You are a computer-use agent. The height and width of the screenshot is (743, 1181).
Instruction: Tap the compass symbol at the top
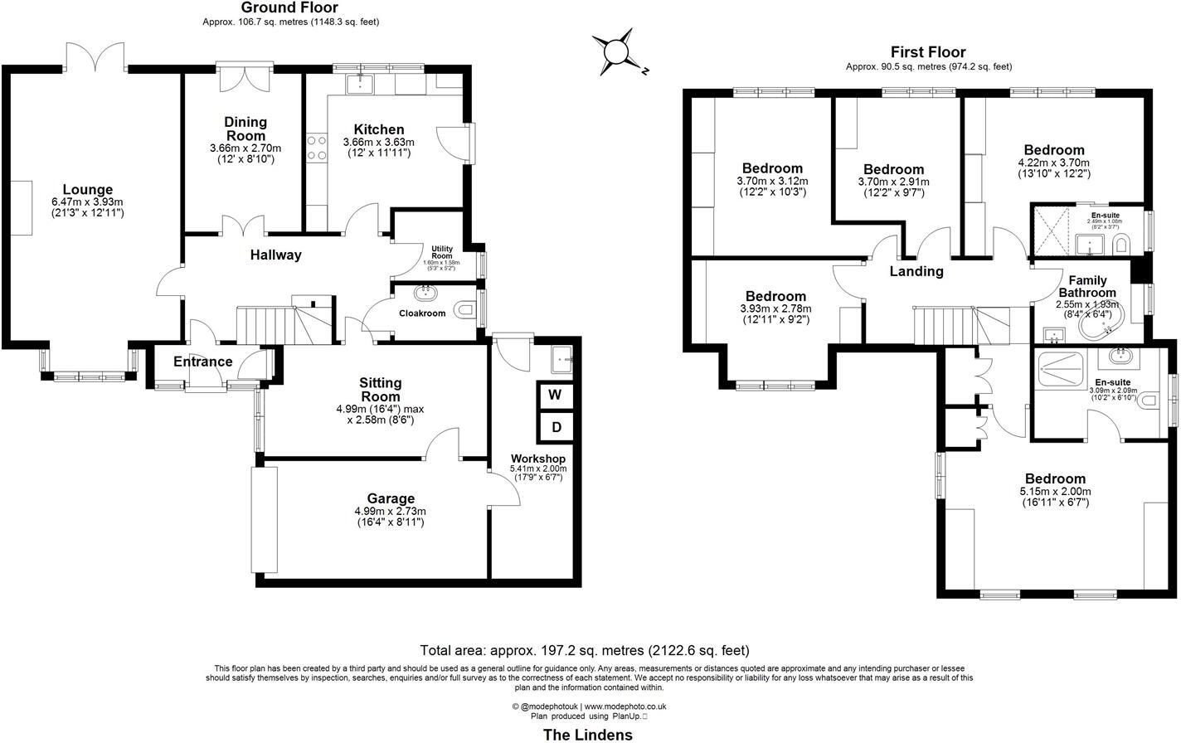point(616,52)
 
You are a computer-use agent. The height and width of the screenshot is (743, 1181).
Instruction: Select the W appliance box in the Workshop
point(555,395)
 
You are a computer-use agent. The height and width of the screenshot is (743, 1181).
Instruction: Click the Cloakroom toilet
point(466,310)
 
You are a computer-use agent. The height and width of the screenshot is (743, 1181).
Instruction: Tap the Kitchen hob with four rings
point(316,148)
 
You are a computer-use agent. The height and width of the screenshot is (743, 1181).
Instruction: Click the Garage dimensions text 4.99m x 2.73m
point(390,511)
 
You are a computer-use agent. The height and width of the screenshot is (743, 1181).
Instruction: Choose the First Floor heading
point(928,52)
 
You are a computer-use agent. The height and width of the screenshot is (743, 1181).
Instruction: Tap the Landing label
point(916,271)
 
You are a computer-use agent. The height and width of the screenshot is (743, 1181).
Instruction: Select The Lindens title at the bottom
point(587,735)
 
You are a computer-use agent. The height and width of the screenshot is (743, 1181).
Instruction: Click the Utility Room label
point(442,252)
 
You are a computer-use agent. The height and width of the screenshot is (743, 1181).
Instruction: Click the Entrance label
point(202,362)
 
